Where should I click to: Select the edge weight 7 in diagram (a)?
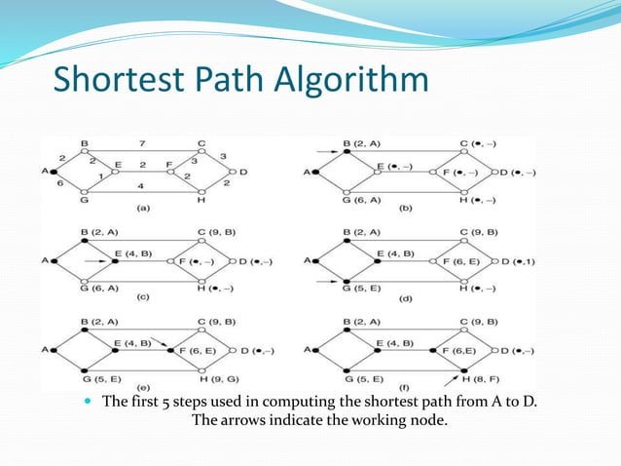[x=141, y=142]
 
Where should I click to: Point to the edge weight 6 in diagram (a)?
[x=60, y=182]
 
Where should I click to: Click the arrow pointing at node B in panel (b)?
[x=326, y=150]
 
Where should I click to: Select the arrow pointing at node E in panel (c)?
[x=95, y=261]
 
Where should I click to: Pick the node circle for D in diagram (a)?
[x=231, y=173]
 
